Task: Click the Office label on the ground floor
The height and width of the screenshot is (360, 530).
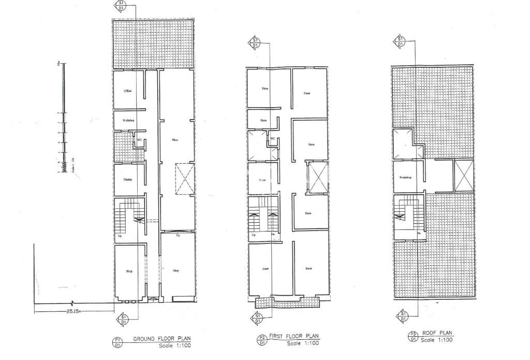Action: pyautogui.click(x=127, y=91)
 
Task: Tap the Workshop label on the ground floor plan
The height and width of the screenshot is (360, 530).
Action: pyautogui.click(x=128, y=120)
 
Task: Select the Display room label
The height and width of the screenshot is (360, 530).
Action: pyautogui.click(x=128, y=180)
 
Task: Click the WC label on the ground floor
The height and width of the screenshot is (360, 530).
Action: pyautogui.click(x=139, y=139)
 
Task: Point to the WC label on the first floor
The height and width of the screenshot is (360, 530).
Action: pyautogui.click(x=273, y=139)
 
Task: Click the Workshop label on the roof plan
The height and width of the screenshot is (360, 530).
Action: pyautogui.click(x=405, y=177)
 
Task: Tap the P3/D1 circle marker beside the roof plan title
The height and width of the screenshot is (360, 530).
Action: pyautogui.click(x=413, y=337)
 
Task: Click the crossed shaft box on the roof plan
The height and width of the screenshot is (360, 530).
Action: pyautogui.click(x=463, y=176)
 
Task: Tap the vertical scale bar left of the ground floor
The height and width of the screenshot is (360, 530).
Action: pyautogui.click(x=63, y=117)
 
